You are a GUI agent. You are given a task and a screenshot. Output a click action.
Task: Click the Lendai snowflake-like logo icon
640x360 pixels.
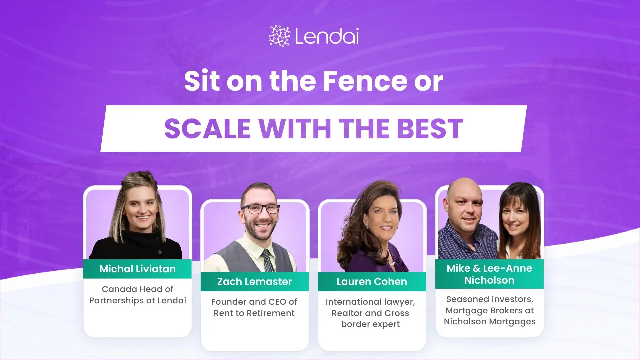pos(279,36)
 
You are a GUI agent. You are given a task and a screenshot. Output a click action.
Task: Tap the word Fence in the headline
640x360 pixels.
pos(365,81)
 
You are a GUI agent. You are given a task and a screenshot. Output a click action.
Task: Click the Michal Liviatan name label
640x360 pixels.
pos(137,269)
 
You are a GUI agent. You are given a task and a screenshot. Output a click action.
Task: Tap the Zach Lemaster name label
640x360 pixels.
pos(255,282)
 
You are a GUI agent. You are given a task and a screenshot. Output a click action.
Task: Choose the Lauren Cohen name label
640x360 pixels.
pos(372,282)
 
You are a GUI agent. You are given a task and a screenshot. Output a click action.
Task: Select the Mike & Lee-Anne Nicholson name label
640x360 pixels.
pos(489,274)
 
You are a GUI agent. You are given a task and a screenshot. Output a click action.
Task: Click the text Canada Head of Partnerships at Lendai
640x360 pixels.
pos(137,295)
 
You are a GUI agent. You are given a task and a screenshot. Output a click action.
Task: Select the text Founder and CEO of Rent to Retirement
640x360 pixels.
pos(254,307)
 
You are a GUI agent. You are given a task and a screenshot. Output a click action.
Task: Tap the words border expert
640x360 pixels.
pos(370,324)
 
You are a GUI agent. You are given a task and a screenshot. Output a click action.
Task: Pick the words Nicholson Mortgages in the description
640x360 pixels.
pos(489,322)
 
